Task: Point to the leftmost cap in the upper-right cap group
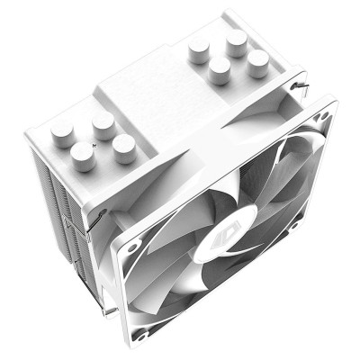click(198, 56)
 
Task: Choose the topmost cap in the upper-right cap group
click(238, 41)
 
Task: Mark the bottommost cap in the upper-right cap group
click(219, 72)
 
